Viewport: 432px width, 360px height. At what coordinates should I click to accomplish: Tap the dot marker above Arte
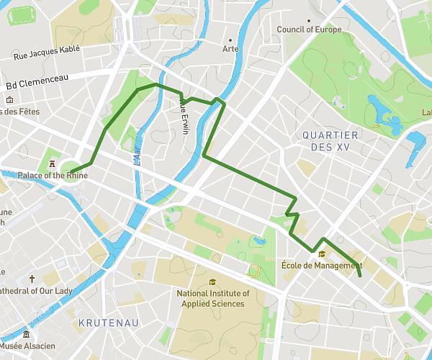[230, 40]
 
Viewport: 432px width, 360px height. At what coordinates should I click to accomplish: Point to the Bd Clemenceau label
[37, 85]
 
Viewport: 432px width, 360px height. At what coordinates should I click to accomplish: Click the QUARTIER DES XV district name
[330, 140]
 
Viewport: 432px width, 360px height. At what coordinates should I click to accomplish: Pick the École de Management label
[321, 265]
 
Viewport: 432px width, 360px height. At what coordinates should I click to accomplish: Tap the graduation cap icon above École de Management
[321, 253]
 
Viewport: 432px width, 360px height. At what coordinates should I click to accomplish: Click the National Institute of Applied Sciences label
[213, 298]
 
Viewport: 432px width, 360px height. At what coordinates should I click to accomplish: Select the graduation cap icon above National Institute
[212, 282]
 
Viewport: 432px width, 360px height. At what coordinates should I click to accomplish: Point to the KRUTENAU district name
[109, 323]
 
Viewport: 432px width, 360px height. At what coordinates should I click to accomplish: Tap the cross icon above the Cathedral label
[32, 279]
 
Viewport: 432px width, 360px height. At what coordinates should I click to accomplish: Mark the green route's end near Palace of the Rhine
[71, 172]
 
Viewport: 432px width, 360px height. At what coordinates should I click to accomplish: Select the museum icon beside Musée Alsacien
[27, 336]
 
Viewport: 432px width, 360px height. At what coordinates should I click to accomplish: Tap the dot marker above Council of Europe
[309, 20]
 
